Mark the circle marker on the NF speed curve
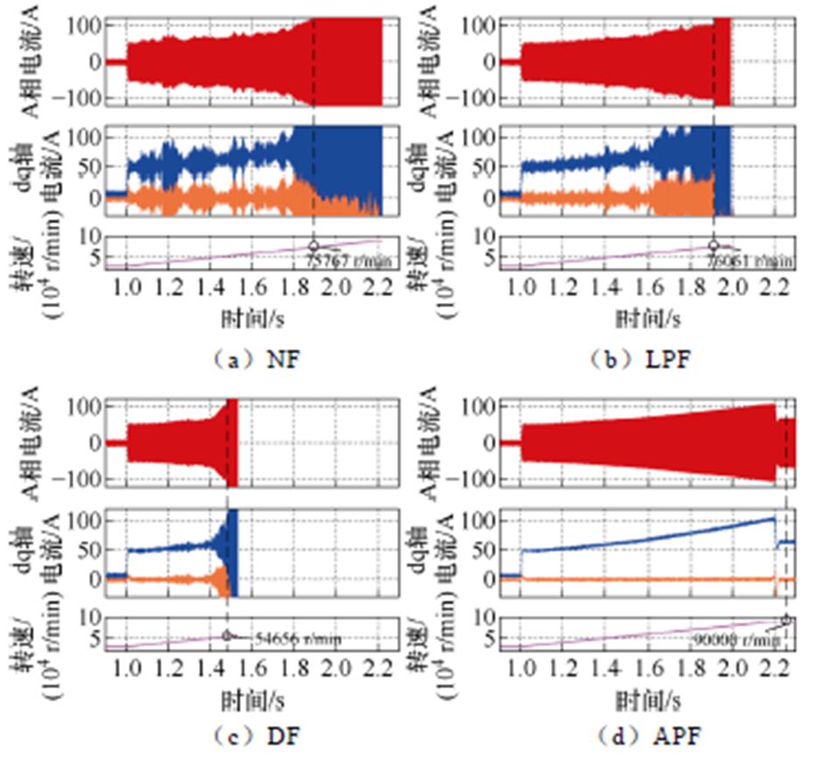click(x=313, y=246)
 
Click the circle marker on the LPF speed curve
click(x=714, y=246)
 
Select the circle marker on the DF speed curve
click(x=227, y=636)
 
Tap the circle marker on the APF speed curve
click(x=786, y=620)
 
